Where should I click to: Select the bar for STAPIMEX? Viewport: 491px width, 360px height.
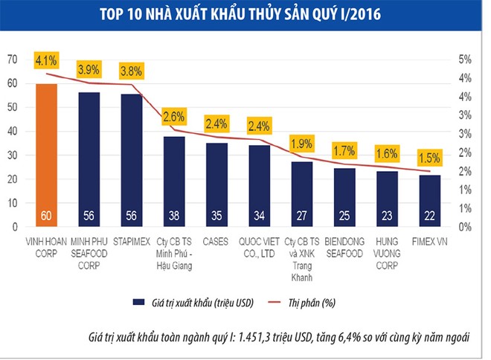(x=132, y=160)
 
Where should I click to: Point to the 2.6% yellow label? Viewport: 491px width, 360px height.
(x=175, y=116)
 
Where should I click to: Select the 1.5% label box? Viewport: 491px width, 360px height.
(x=429, y=157)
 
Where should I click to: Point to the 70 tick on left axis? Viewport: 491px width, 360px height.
(x=13, y=60)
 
